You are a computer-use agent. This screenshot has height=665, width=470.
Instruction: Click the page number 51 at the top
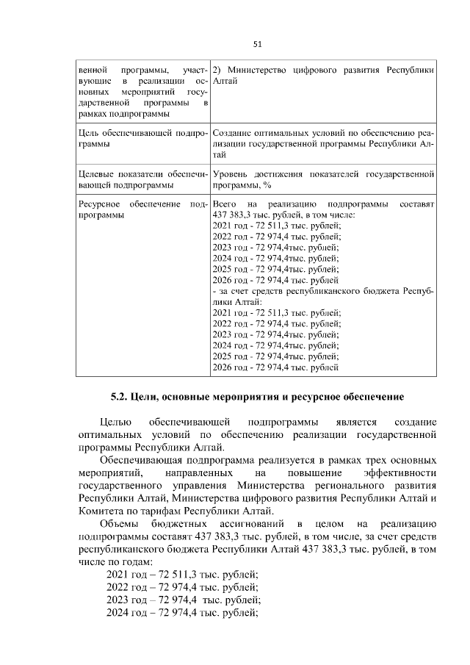[x=258, y=43]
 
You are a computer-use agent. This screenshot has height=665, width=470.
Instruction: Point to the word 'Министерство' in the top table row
[x=254, y=71]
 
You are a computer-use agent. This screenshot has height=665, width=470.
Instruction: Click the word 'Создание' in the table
[x=234, y=132]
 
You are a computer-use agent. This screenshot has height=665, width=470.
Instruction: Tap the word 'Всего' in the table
[x=225, y=202]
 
